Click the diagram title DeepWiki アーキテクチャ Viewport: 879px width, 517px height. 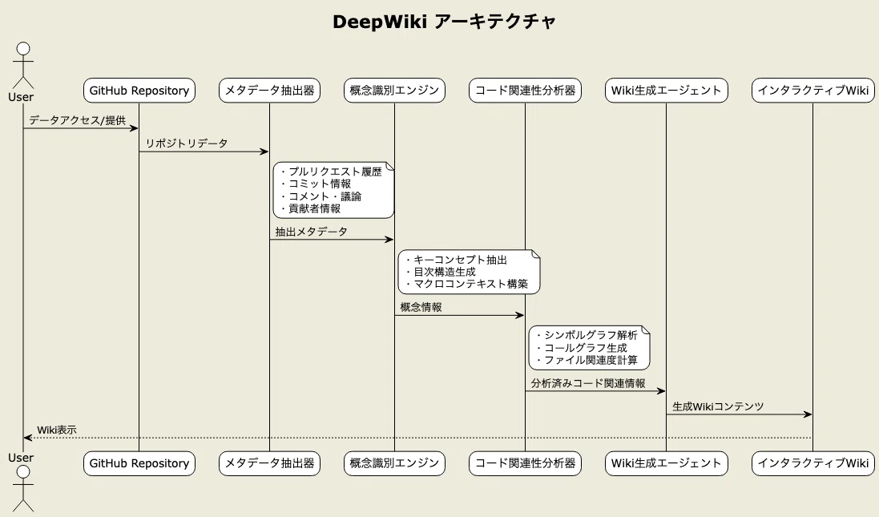[x=444, y=22]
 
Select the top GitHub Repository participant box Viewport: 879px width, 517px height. [x=139, y=91]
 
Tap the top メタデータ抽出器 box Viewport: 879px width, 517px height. [x=269, y=91]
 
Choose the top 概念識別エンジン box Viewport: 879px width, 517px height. [x=394, y=91]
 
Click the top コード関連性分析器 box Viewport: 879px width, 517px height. [x=526, y=91]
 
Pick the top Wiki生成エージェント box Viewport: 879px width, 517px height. [x=666, y=91]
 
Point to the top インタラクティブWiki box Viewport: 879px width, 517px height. [x=812, y=91]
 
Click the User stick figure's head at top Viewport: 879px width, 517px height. [x=23, y=48]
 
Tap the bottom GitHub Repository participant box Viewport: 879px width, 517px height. [x=139, y=463]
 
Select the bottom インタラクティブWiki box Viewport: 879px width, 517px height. [x=812, y=463]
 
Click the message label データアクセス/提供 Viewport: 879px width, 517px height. [x=78, y=120]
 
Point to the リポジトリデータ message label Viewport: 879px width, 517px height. [x=187, y=143]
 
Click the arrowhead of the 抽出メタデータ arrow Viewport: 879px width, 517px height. [x=389, y=240]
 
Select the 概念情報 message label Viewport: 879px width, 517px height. [x=421, y=307]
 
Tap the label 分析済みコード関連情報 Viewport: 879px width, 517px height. [x=588, y=384]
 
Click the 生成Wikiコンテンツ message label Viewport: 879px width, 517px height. [x=718, y=406]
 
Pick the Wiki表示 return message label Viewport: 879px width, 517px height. [x=57, y=430]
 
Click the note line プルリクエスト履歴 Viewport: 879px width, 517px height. [x=335, y=172]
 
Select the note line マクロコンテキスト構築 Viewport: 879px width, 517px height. [x=470, y=285]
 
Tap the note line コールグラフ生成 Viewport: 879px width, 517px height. [x=585, y=348]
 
